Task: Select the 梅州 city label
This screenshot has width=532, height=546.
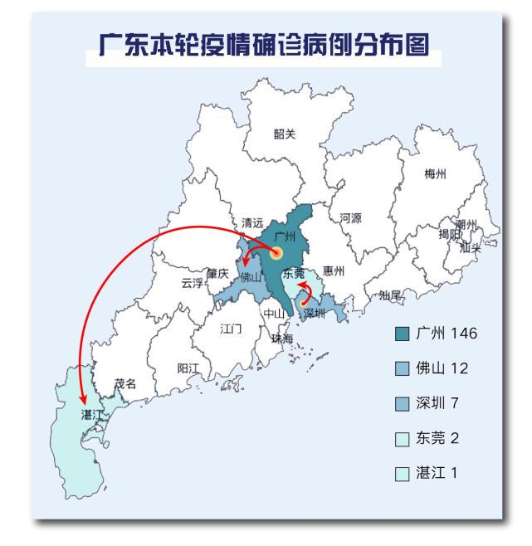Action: pos(435,174)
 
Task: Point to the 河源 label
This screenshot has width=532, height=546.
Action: pos(350,218)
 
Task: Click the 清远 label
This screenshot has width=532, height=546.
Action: pos(252,223)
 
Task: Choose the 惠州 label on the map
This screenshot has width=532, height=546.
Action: pos(334,270)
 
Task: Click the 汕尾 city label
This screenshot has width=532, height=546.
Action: pos(390,295)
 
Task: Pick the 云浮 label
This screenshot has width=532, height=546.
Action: pos(192,283)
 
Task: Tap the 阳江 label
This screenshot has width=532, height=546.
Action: pos(188,368)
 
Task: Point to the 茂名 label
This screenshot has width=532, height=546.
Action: pos(125,383)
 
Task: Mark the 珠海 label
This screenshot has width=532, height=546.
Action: pos(282,339)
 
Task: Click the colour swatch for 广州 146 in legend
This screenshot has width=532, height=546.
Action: pos(403,334)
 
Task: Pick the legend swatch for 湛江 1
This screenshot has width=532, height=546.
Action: pos(403,474)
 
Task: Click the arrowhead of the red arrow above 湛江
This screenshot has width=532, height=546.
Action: pos(83,400)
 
